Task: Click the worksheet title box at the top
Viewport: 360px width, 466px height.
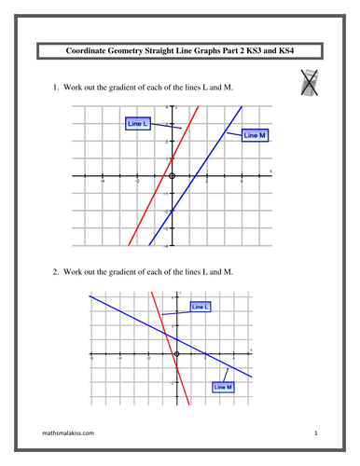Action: (179, 52)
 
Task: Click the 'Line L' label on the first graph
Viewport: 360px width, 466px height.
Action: (138, 123)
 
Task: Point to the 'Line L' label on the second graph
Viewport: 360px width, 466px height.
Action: (200, 306)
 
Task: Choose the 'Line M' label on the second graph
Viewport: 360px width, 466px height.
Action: (223, 386)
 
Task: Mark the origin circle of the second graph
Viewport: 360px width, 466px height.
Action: (175, 355)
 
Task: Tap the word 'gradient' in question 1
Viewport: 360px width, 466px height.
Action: (124, 88)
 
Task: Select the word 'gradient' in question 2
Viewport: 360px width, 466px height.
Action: (124, 271)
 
